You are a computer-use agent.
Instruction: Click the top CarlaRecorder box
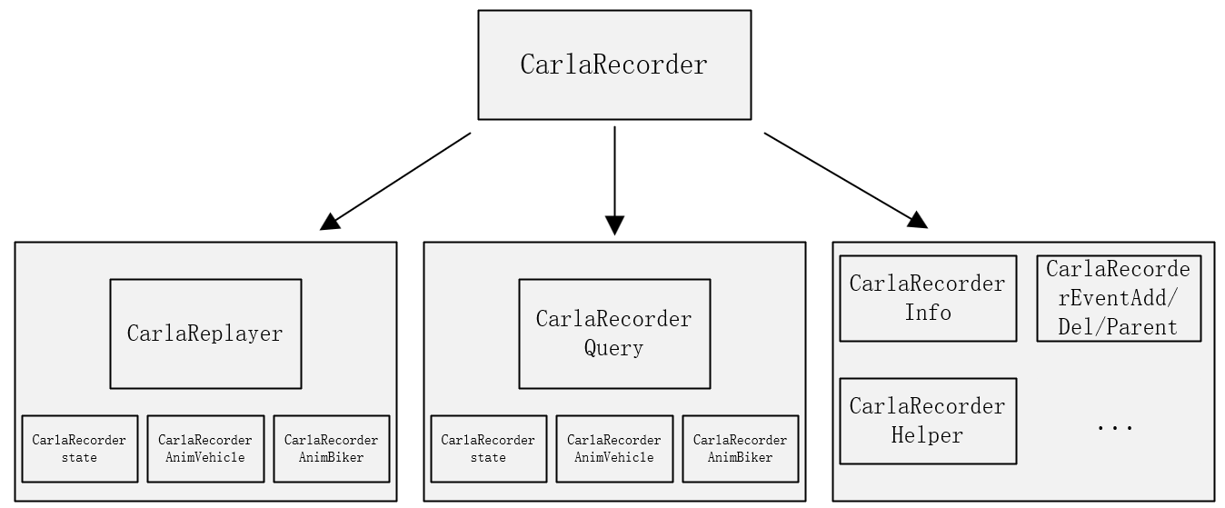614,65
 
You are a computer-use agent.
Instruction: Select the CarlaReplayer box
205,334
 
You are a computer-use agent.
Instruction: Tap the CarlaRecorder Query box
614,334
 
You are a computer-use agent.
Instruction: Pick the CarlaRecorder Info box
928,298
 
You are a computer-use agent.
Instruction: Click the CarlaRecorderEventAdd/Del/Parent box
1119,298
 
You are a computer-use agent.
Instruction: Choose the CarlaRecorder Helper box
928,421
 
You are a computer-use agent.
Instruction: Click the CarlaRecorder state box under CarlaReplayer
80,449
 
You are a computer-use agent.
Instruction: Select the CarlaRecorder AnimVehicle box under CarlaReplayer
205,449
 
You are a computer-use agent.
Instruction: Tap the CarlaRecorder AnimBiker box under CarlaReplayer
332,449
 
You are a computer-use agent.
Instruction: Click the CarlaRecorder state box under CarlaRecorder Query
489,449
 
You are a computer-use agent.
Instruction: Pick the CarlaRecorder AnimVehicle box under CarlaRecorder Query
614,449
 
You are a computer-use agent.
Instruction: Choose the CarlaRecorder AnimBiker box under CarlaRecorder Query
741,449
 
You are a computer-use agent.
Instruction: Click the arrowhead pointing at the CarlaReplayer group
330,222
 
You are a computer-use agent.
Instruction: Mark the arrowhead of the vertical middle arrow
614,225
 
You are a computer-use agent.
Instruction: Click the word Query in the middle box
614,348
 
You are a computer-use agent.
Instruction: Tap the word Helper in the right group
928,435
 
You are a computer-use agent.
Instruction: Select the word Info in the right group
928,313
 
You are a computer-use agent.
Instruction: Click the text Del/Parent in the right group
1119,327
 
